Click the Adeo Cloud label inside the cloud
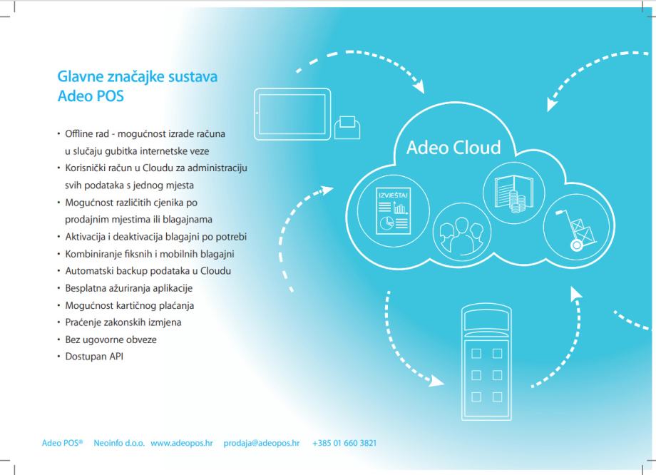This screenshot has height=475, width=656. pyautogui.click(x=453, y=148)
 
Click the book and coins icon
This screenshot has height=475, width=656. pyautogui.click(x=509, y=188)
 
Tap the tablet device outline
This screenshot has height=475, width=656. pyautogui.click(x=292, y=108)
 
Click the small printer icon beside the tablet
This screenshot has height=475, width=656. pyautogui.click(x=348, y=128)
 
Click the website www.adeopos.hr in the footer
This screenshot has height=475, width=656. pyautogui.click(x=182, y=443)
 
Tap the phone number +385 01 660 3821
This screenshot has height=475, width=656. pyautogui.click(x=344, y=443)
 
